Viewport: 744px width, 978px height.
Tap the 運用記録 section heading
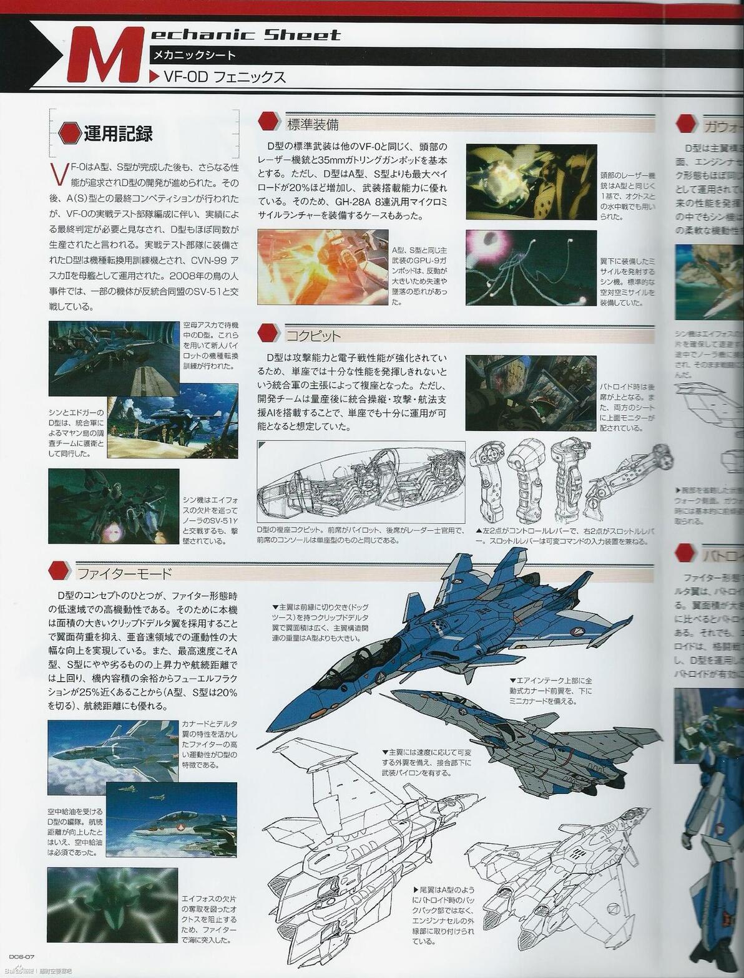pos(118,133)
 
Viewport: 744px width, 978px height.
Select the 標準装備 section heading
pos(312,123)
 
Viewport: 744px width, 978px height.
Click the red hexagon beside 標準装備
pos(269,122)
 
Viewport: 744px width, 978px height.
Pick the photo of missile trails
pos(531,268)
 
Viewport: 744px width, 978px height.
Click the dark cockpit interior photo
pos(531,393)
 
